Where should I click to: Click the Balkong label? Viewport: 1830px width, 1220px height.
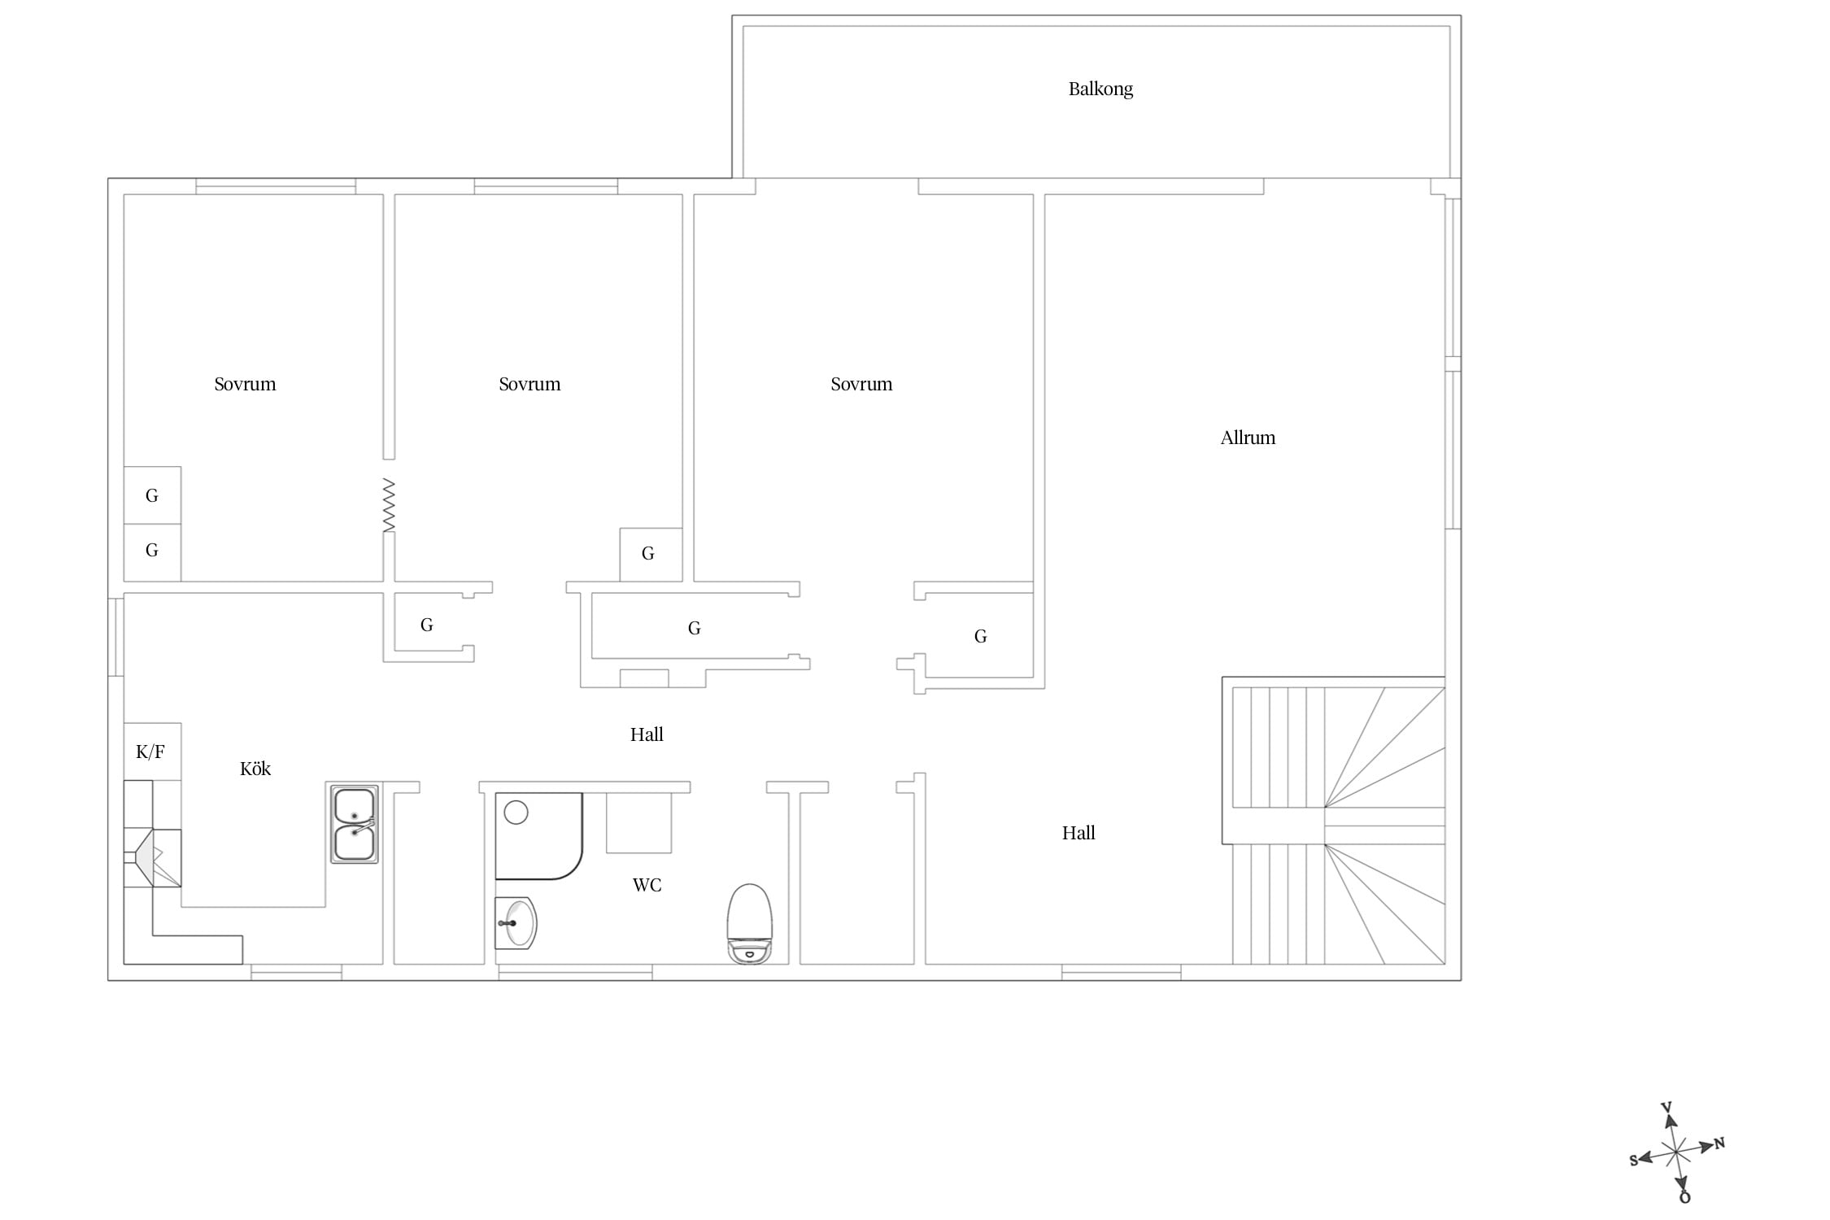tap(1100, 89)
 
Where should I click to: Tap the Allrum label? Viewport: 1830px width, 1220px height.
tap(1248, 438)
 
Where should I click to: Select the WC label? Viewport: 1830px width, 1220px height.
tap(647, 885)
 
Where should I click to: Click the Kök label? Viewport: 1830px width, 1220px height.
tap(255, 769)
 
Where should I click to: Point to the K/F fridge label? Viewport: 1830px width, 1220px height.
tap(150, 752)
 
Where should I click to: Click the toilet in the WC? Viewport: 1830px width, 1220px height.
tap(749, 924)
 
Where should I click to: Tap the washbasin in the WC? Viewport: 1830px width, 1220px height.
tap(516, 923)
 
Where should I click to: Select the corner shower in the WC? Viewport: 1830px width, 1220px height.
tap(538, 836)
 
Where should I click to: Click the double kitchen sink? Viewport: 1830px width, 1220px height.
tap(354, 824)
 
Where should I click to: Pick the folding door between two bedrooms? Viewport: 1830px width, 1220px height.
tap(389, 505)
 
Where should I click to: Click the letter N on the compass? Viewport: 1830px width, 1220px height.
tap(1719, 1144)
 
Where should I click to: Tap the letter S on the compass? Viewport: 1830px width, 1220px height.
tap(1633, 1161)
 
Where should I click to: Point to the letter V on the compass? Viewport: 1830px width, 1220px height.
tap(1666, 1108)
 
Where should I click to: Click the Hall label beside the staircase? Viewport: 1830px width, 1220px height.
tap(1078, 833)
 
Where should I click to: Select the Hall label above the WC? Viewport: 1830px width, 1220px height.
tap(647, 734)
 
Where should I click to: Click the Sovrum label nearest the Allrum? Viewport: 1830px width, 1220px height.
tap(861, 384)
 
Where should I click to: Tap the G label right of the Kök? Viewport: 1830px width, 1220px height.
tap(426, 625)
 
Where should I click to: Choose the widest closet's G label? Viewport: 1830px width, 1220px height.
tap(694, 628)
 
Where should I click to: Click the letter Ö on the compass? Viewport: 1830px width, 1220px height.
tap(1684, 1196)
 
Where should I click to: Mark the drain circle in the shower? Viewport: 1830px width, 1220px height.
tap(516, 812)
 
